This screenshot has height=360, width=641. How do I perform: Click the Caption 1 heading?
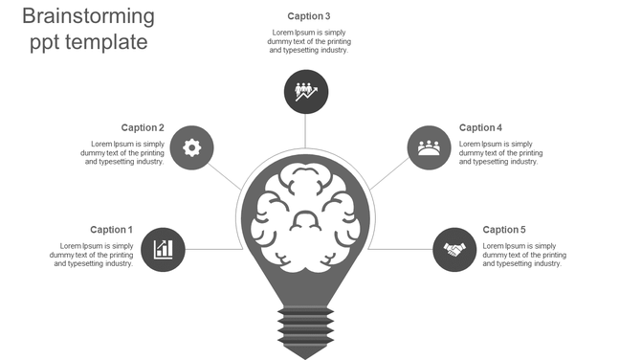[111, 230]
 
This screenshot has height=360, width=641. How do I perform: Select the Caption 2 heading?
[143, 127]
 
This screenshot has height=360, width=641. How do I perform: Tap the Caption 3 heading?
[308, 16]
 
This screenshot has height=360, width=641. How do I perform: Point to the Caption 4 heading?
[480, 127]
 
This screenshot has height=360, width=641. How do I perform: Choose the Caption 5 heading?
[504, 230]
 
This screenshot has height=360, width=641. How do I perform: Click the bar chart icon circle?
[164, 249]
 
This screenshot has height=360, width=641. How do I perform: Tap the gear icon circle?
[191, 147]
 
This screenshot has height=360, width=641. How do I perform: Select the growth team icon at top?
[306, 92]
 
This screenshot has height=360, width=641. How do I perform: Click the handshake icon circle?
[453, 249]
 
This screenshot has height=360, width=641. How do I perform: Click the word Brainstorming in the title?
[88, 16]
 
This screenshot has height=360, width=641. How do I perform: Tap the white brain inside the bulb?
[305, 215]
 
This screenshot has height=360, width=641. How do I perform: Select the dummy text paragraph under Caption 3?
[308, 41]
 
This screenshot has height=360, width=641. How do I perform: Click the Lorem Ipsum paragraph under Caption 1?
[92, 255]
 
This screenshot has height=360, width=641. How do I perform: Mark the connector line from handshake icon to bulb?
[400, 249]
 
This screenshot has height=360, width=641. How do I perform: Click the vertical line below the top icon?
[306, 132]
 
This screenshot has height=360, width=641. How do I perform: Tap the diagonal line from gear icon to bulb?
[226, 174]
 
